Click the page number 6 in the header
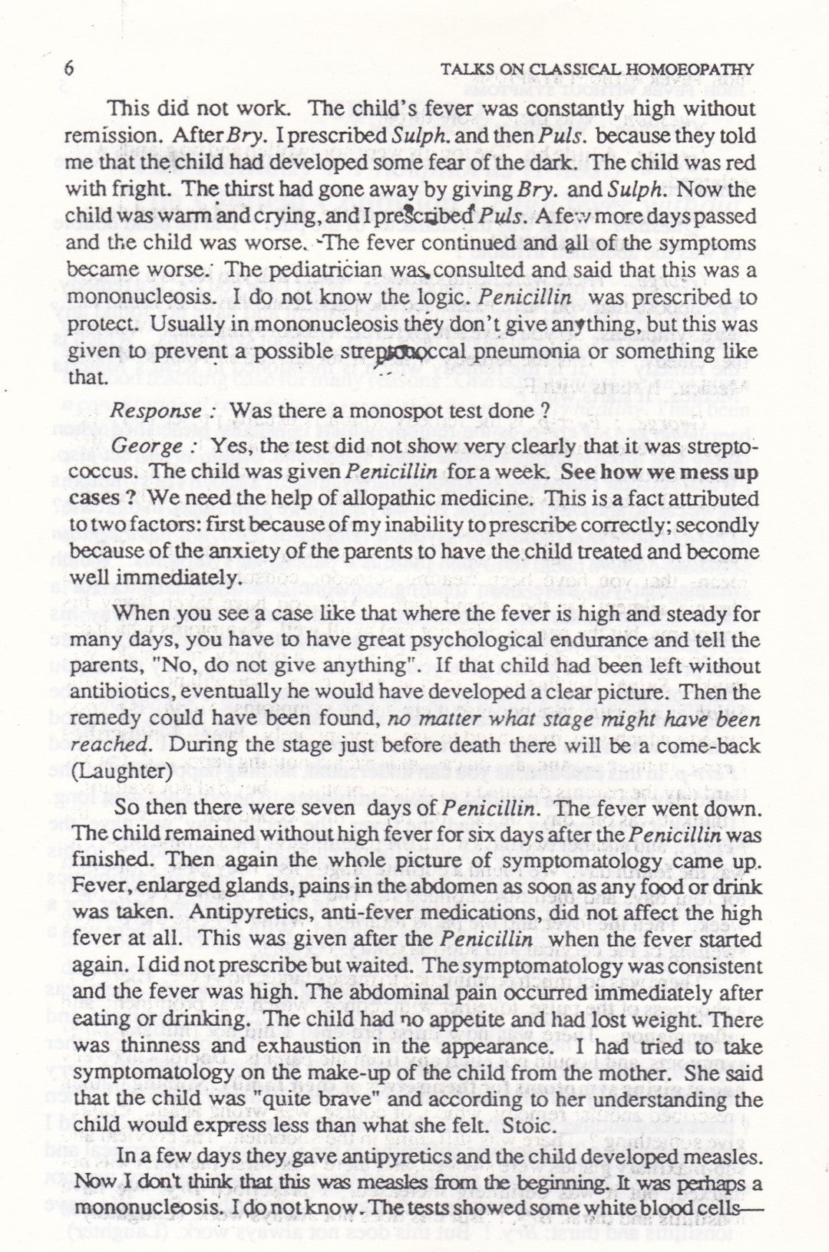point(70,69)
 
